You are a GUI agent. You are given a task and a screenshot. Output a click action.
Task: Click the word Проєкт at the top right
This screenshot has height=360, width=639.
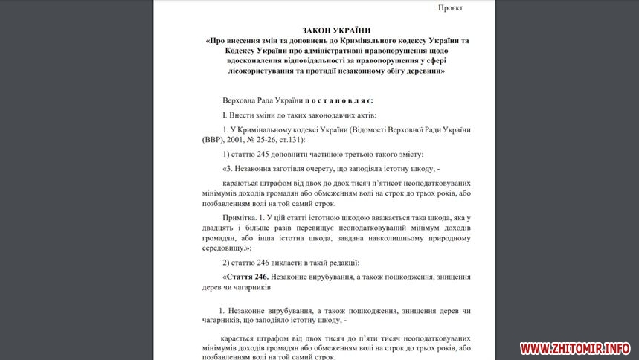click(x=449, y=7)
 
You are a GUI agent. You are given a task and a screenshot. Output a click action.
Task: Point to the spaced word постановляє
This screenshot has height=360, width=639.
click(x=338, y=100)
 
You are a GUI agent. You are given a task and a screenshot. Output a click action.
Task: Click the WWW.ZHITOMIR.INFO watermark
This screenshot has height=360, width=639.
click(x=575, y=347)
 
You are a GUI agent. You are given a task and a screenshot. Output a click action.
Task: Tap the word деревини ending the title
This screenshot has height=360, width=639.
click(x=423, y=71)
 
